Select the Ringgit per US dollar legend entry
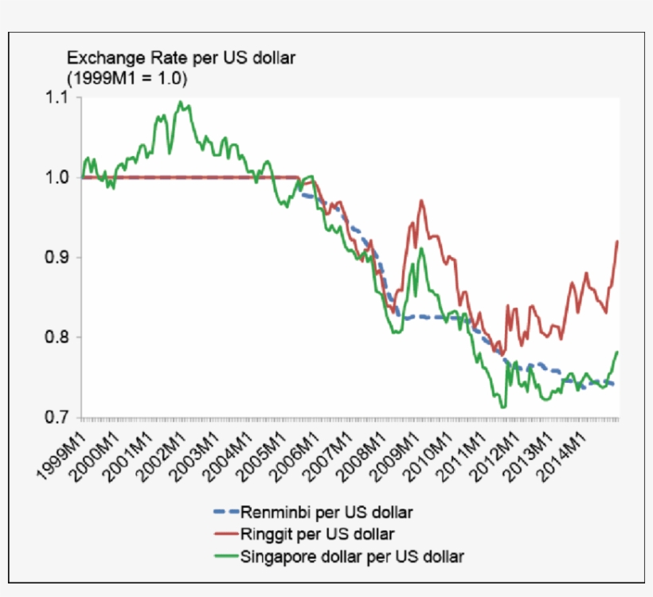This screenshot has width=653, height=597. point(316,533)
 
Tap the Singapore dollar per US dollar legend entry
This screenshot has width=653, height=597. point(351,555)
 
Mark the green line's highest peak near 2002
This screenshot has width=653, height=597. point(181,102)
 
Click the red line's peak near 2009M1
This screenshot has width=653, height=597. point(421,201)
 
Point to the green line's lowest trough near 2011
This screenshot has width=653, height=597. point(502,408)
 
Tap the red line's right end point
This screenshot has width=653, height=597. point(618,241)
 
